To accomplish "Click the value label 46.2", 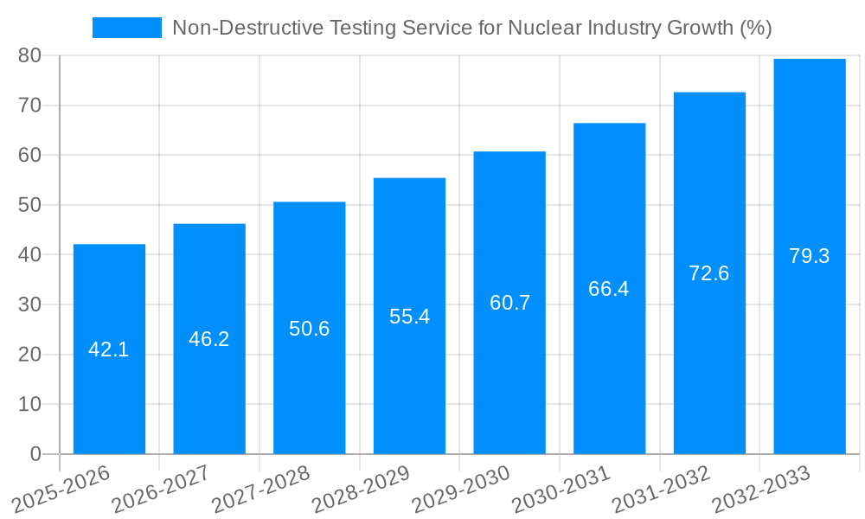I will tap(209, 339).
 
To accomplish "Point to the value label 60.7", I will tap(509, 303).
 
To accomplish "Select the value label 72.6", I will tap(709, 273).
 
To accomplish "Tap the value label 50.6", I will tap(310, 329).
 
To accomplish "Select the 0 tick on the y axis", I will tap(35, 454).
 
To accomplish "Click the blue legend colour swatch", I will tap(127, 28).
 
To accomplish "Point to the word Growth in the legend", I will tap(701, 28).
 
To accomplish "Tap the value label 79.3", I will tap(810, 256).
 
